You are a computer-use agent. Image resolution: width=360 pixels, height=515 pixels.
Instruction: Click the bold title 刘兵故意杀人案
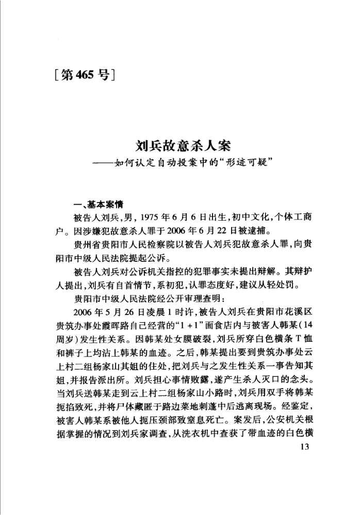(x=179, y=145)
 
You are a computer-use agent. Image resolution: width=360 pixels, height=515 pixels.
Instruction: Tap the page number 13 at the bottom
(x=303, y=446)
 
